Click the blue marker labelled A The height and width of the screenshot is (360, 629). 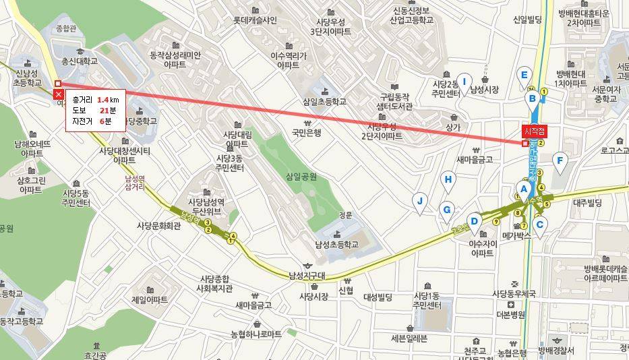pos(522,189)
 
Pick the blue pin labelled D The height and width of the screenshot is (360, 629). pos(475,221)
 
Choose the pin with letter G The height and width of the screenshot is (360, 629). pos(446,210)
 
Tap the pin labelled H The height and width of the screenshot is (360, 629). pos(448,179)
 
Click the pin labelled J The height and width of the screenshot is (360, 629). pos(420,201)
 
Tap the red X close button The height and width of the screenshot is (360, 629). pos(59,94)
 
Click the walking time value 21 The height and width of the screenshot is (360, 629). pos(104,111)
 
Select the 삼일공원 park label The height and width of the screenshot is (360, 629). pos(301,176)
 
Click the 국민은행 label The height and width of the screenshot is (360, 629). pos(307,133)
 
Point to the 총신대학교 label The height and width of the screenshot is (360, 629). pos(80,61)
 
